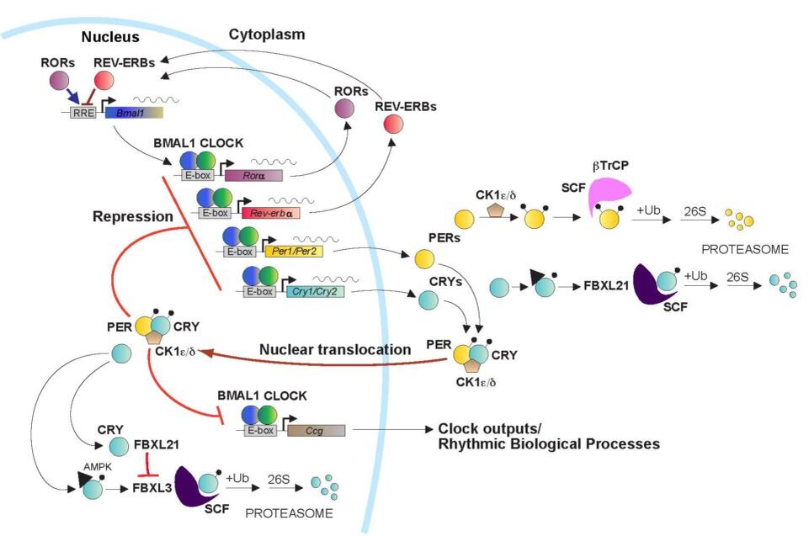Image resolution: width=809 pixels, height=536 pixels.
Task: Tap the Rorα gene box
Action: (x=253, y=175)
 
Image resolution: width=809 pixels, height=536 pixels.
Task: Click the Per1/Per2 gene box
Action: (x=290, y=251)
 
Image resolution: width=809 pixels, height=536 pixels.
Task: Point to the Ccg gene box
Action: (x=316, y=431)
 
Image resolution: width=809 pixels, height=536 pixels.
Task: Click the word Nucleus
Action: (x=109, y=38)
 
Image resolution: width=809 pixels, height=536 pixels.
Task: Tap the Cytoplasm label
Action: (x=267, y=34)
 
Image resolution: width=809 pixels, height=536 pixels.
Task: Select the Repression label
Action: (x=133, y=217)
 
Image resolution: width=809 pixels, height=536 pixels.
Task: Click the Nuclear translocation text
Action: (x=335, y=349)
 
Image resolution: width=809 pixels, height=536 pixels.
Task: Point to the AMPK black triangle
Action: (x=86, y=480)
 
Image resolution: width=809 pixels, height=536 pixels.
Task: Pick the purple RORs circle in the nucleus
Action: (x=60, y=81)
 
